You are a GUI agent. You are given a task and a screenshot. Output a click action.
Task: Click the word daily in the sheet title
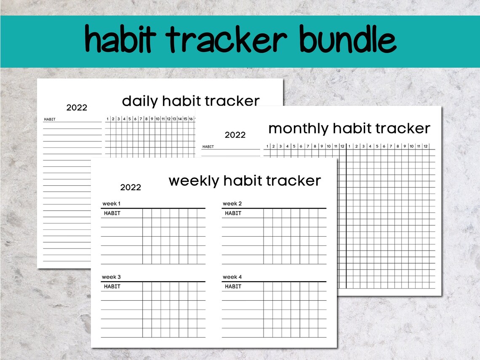pyautogui.click(x=140, y=101)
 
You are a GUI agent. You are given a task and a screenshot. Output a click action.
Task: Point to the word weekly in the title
pyautogui.click(x=194, y=181)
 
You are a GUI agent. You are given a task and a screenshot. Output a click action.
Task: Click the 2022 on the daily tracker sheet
pyautogui.click(x=77, y=108)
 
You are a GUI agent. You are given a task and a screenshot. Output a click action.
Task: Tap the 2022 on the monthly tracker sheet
pyautogui.click(x=235, y=135)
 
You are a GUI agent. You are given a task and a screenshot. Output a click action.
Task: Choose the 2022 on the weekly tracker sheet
pyautogui.click(x=131, y=187)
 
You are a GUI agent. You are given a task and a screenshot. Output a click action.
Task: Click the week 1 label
pyautogui.click(x=111, y=204)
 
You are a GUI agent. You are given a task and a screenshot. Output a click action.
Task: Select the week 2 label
pyautogui.click(x=232, y=204)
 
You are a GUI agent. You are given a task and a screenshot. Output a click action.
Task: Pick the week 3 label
pyautogui.click(x=111, y=277)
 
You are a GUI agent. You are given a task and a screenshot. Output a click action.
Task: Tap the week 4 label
pyautogui.click(x=232, y=277)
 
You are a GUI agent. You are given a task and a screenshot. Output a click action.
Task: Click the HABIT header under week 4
pyautogui.click(x=233, y=286)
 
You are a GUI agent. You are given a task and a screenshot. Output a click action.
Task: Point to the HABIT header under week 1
pyautogui.click(x=112, y=213)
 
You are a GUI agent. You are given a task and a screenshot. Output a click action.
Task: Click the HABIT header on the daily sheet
pyautogui.click(x=50, y=119)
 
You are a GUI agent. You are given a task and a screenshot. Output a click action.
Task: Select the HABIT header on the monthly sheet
pyautogui.click(x=208, y=147)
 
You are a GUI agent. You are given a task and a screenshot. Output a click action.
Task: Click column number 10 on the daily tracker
pyautogui.click(x=157, y=119)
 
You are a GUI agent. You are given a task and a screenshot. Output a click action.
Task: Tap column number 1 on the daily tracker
pyautogui.click(x=108, y=119)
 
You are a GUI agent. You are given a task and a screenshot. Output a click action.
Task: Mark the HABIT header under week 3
pyautogui.click(x=112, y=286)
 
